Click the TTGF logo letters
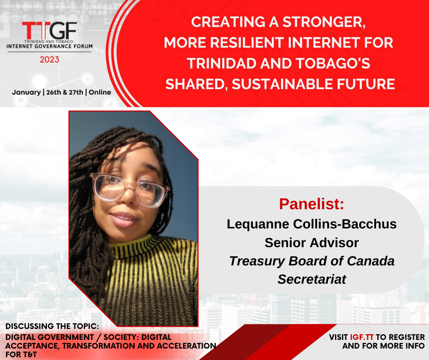(x=49, y=31)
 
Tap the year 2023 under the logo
(x=50, y=59)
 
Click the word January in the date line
(x=26, y=92)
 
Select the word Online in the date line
(x=100, y=92)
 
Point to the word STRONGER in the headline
(x=324, y=22)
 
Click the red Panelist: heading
(x=311, y=204)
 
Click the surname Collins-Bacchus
(x=345, y=224)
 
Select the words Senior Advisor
(x=312, y=243)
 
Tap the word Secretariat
(x=312, y=279)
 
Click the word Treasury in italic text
(x=257, y=261)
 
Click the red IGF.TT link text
(x=362, y=337)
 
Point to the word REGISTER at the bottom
(x=407, y=337)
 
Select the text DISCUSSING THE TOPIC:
(x=52, y=326)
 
